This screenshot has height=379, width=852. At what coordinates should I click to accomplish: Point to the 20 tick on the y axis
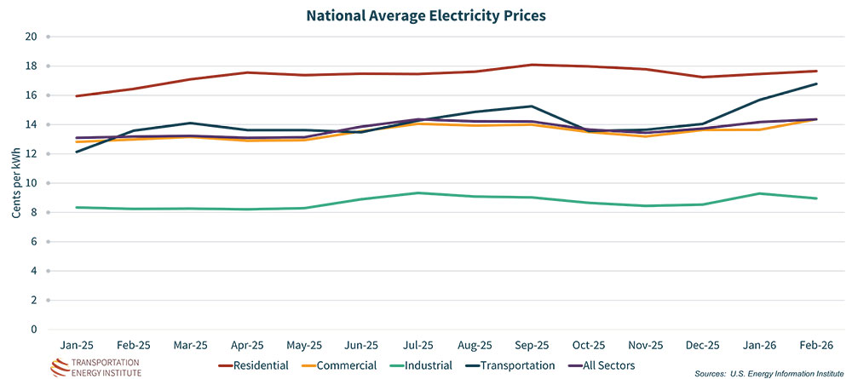pyautogui.click(x=32, y=37)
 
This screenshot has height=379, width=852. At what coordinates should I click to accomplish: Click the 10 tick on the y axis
pyautogui.click(x=32, y=183)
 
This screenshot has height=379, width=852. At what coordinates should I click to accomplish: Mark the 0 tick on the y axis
pyautogui.click(x=34, y=330)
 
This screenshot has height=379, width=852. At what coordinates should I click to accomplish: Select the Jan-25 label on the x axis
pyautogui.click(x=78, y=347)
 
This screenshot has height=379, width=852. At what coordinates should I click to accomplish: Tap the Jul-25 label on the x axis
pyautogui.click(x=418, y=347)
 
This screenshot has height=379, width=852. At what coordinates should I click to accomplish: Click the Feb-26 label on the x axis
pyautogui.click(x=815, y=347)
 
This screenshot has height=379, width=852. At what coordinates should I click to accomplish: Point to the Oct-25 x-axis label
pyautogui.click(x=588, y=347)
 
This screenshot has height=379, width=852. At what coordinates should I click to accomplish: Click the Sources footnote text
pyautogui.click(x=771, y=374)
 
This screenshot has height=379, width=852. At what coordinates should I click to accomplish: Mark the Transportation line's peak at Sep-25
pyautogui.click(x=532, y=106)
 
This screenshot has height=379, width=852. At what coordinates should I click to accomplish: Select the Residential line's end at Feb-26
pyautogui.click(x=815, y=71)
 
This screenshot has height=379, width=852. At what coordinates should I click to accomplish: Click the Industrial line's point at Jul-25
pyautogui.click(x=418, y=192)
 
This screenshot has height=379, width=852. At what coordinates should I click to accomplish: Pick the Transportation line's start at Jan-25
pyautogui.click(x=78, y=152)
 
